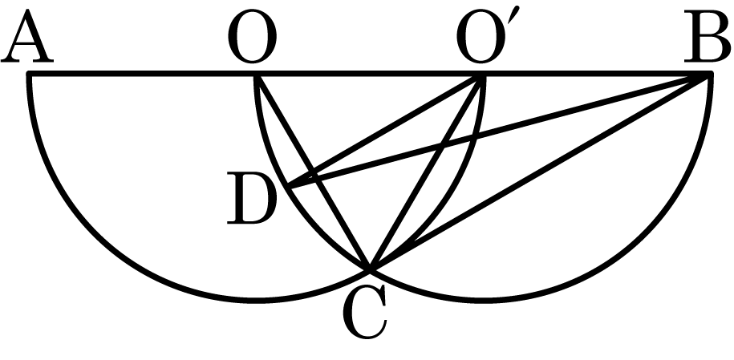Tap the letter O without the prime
point(253,36)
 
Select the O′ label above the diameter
point(481,36)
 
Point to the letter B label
point(708,36)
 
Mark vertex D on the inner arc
point(290,187)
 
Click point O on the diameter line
point(256,75)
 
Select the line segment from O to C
point(313,172)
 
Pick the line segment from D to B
point(500,131)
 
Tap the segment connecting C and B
point(540,172)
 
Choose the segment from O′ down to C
point(425,172)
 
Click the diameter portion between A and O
point(142,75)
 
